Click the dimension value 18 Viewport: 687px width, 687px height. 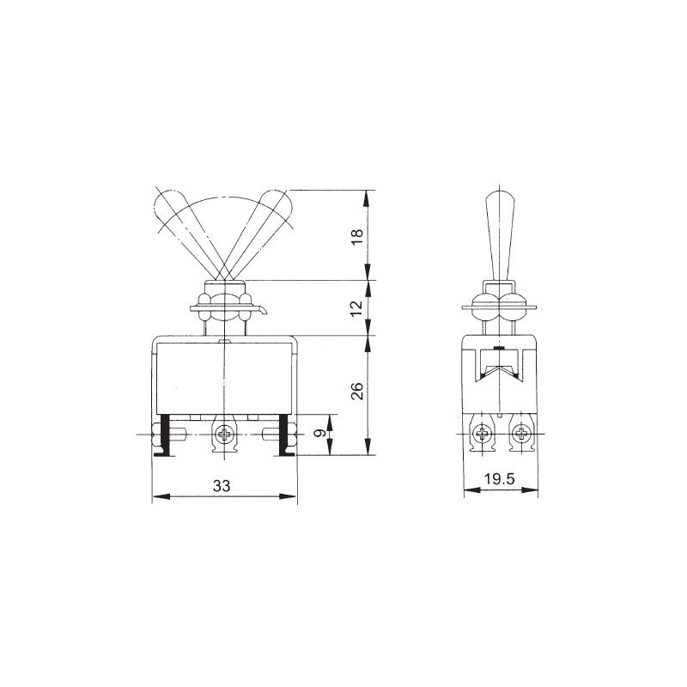pyautogui.click(x=357, y=237)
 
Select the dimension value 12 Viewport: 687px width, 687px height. pyautogui.click(x=357, y=308)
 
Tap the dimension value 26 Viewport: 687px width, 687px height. pyautogui.click(x=357, y=391)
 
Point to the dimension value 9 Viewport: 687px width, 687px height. pyautogui.click(x=320, y=433)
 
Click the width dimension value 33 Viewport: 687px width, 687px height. pyautogui.click(x=222, y=485)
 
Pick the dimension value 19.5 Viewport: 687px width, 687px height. pyautogui.click(x=499, y=479)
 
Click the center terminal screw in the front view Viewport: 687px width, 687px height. pyautogui.click(x=225, y=435)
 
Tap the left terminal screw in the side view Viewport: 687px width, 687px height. pyautogui.click(x=483, y=435)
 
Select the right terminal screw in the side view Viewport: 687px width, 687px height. pyautogui.click(x=522, y=435)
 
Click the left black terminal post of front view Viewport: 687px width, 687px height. pyautogui.click(x=165, y=435)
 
